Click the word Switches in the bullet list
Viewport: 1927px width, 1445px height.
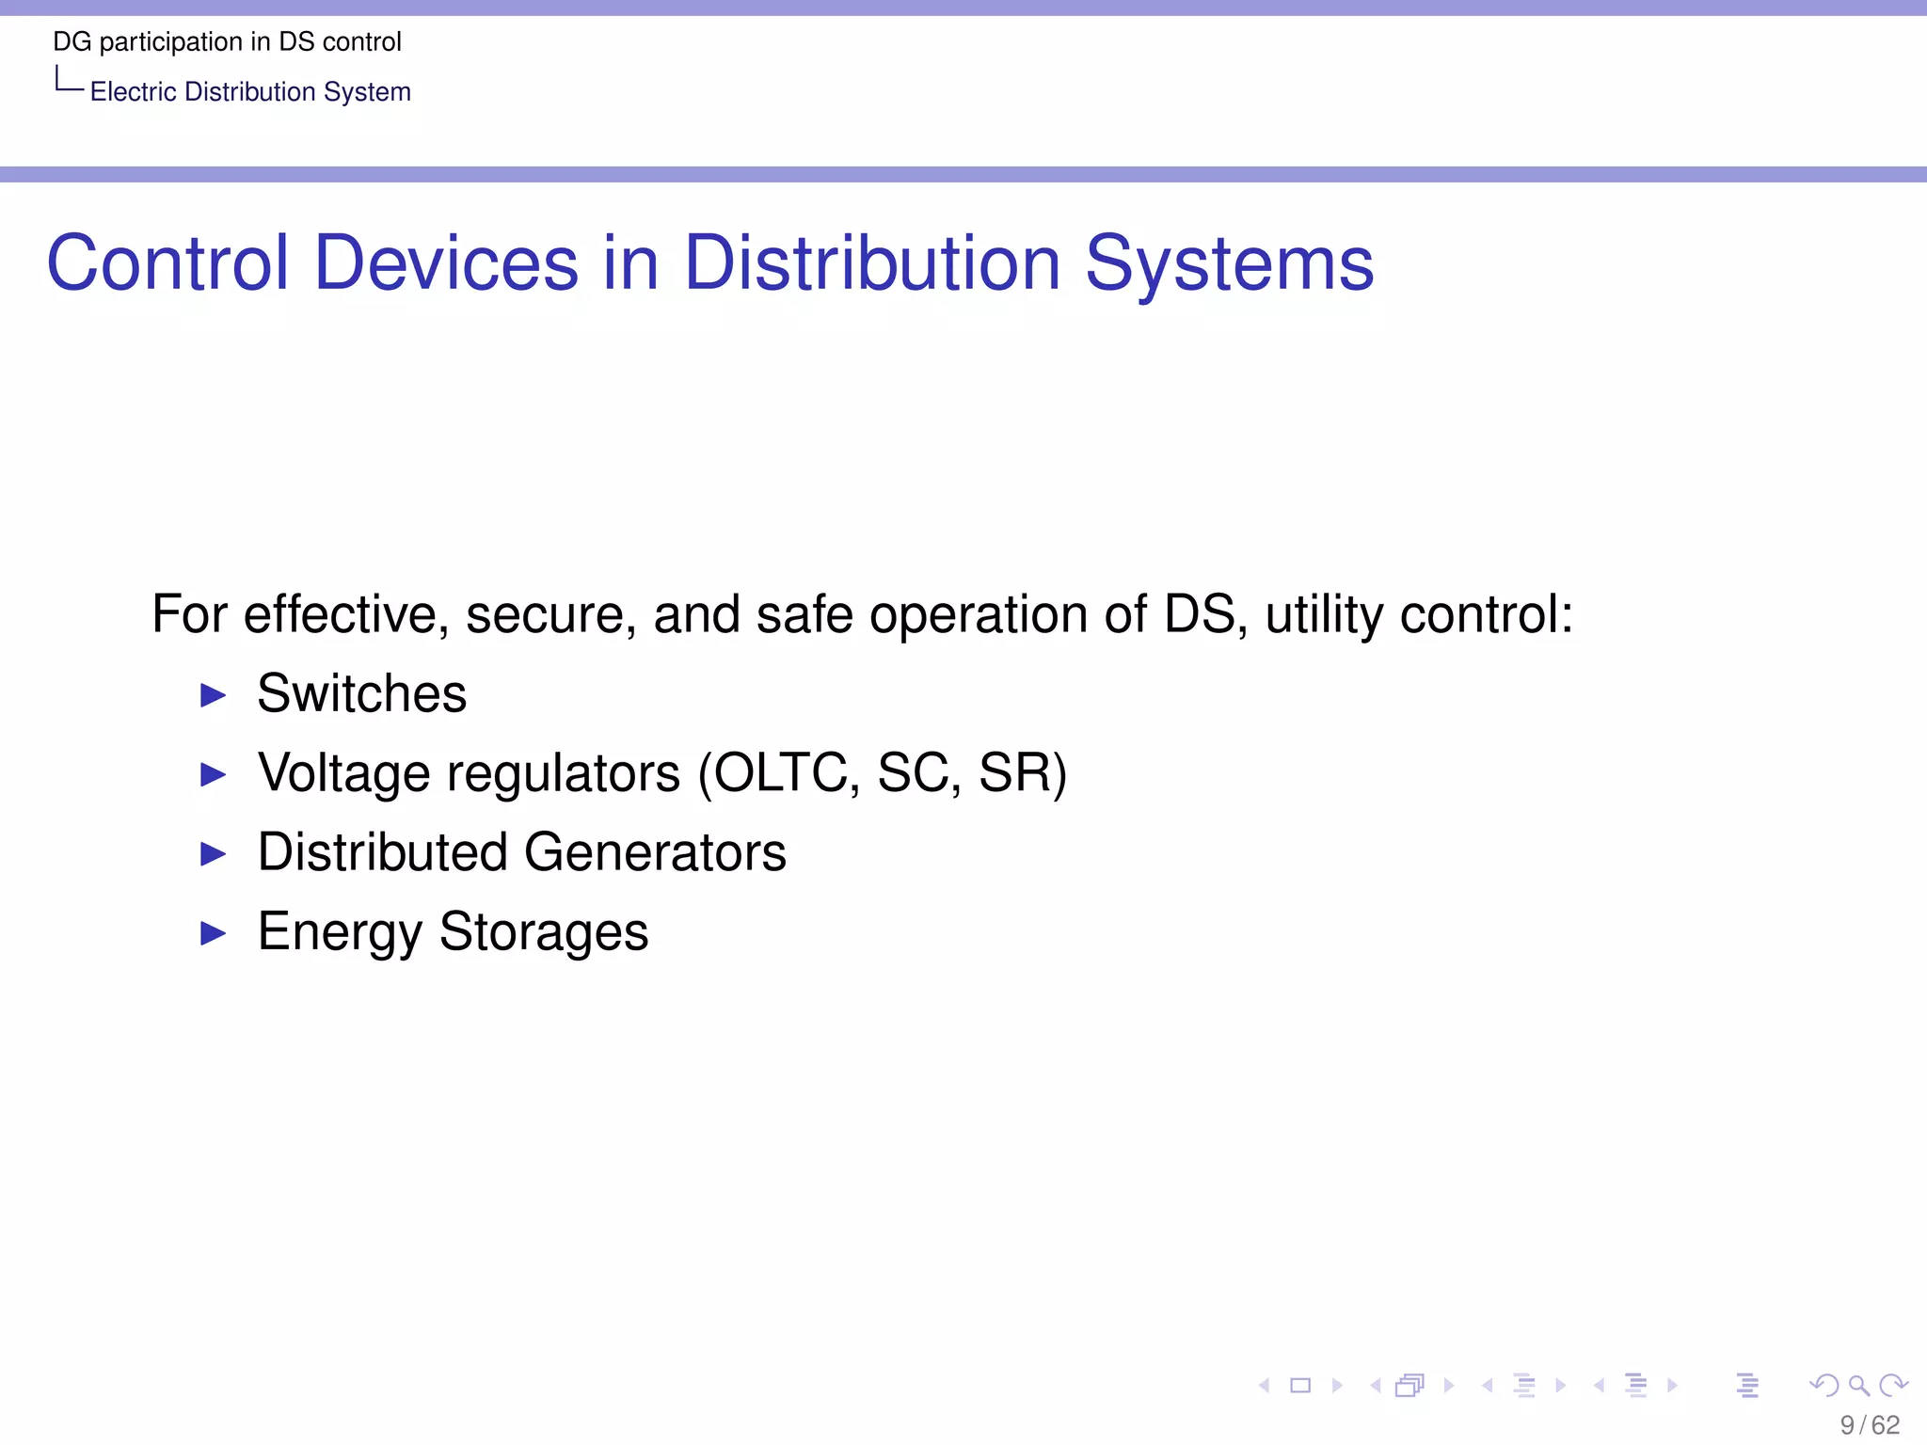(x=361, y=694)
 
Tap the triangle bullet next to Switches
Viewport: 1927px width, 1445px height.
(x=214, y=696)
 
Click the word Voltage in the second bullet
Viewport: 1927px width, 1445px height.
(x=344, y=773)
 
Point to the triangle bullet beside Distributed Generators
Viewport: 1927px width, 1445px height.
(x=214, y=854)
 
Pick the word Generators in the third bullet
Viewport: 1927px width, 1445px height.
(x=655, y=852)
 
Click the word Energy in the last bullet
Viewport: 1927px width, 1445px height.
(x=340, y=933)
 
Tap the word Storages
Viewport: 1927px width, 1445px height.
(x=544, y=932)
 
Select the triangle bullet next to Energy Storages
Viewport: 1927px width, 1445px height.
(x=214, y=933)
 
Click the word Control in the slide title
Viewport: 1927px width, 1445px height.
(x=167, y=262)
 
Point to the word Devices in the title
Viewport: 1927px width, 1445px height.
(x=446, y=262)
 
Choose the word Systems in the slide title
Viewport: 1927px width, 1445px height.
(x=1229, y=264)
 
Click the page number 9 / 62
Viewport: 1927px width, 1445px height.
(x=1870, y=1425)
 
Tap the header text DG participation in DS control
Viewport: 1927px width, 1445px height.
(x=227, y=42)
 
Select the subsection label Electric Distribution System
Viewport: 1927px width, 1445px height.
(x=250, y=92)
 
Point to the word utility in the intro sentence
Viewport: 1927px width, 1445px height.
(x=1324, y=615)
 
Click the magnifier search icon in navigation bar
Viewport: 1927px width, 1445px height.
(x=1858, y=1385)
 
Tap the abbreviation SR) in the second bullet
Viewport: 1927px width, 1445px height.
(x=1023, y=773)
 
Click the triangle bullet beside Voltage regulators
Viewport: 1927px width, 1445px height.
(x=214, y=775)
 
